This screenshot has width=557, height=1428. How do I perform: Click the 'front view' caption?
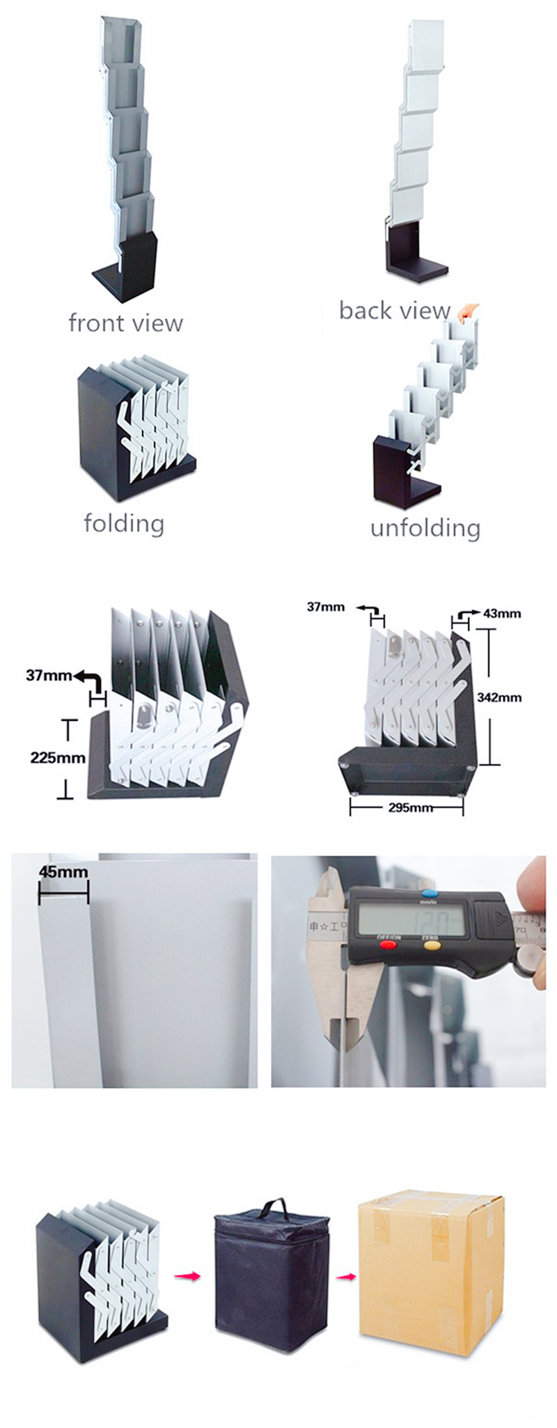125,323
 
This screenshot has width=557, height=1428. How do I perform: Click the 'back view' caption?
394,311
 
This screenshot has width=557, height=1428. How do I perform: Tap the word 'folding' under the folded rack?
124,523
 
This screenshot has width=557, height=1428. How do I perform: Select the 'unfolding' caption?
425,528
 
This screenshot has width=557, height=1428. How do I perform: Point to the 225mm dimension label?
58,758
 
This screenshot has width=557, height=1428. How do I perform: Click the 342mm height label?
499,697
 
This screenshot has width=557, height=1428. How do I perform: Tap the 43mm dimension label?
502,614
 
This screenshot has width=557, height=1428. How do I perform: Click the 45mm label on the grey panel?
63,872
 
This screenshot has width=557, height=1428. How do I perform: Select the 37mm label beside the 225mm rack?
49,675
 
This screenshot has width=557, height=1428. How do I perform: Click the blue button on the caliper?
429,892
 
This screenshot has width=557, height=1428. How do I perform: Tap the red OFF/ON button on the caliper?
388,946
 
